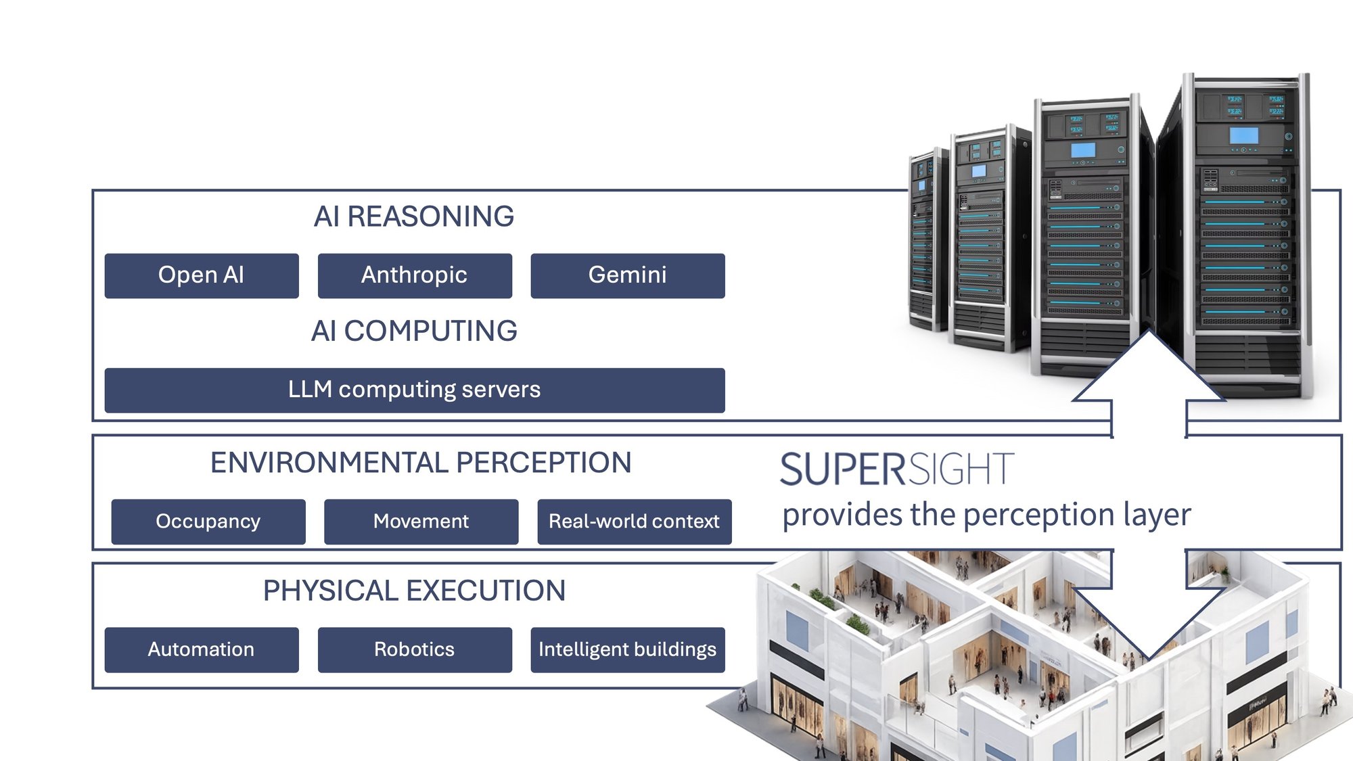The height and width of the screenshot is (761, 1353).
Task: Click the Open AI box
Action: pos(202,275)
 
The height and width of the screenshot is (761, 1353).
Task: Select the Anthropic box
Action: pos(415,275)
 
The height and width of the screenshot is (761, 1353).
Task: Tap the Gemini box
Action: pos(628,275)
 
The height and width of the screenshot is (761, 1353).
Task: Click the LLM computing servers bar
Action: pos(415,390)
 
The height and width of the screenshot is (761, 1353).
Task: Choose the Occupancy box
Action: pos(208,522)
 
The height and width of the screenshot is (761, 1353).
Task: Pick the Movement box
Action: pos(421,522)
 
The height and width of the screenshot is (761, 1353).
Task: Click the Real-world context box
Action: pos(635,522)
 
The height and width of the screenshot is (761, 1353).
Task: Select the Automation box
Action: pos(202,649)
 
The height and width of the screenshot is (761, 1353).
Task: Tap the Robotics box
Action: pos(415,649)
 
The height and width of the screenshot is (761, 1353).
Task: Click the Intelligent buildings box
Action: pos(628,649)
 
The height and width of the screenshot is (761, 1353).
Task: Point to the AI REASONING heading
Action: pos(414,216)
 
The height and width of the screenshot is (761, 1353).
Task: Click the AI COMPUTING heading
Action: pos(414,331)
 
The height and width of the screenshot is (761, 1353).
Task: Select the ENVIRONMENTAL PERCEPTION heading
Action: pos(421,463)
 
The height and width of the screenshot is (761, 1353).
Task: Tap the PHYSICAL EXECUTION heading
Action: pos(414,591)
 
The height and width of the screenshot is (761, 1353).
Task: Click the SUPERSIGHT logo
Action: pos(897,469)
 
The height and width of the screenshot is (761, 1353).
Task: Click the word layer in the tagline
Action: pos(1157,515)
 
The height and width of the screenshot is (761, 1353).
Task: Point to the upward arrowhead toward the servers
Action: pos(1149,365)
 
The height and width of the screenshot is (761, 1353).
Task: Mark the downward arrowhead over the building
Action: pos(1149,622)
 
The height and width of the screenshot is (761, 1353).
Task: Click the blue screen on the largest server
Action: pos(1243,135)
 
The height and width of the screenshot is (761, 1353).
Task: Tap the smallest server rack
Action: pos(927,240)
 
